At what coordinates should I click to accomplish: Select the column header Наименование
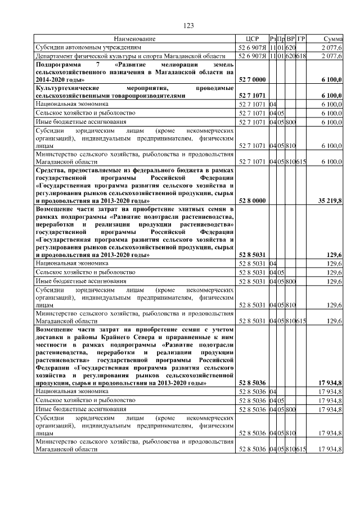(134, 39)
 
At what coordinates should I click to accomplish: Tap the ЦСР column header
(253, 39)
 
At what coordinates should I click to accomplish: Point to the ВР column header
(290, 39)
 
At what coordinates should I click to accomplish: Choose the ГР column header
(301, 39)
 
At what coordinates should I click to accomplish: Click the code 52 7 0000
(253, 81)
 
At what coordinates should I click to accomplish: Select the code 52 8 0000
(253, 200)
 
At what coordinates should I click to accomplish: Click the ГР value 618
(301, 56)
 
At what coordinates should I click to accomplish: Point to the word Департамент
(56, 56)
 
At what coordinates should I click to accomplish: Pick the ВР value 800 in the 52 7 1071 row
(290, 121)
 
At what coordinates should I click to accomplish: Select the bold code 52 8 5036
(253, 382)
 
